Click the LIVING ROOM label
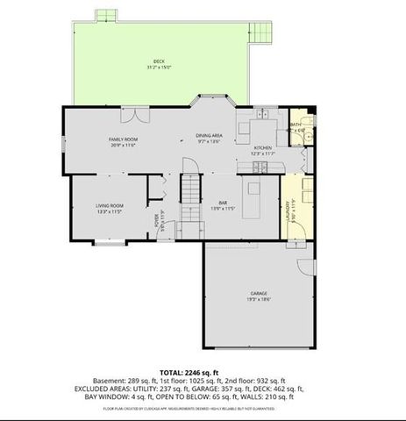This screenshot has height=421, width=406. tap(108, 206)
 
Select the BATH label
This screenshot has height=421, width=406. tap(296, 125)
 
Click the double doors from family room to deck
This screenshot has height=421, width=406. tap(133, 114)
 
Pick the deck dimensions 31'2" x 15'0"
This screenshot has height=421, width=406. tap(159, 67)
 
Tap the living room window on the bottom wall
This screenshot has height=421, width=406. tap(107, 242)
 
